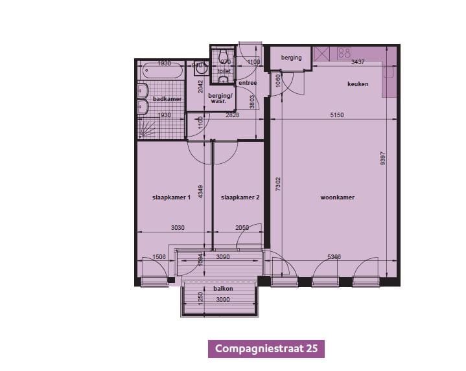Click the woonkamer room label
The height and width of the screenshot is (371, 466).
tap(338, 197)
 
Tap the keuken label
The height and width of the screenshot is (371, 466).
tap(358, 84)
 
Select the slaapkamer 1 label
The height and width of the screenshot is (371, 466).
tap(171, 197)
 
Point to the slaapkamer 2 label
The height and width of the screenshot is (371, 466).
tap(240, 197)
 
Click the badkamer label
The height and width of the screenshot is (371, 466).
tap(167, 99)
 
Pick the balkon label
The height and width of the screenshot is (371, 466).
tap(223, 289)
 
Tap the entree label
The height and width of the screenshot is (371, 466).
tap(248, 83)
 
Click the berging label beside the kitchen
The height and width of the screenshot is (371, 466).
tap(292, 58)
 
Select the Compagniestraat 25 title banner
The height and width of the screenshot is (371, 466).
tap(266, 348)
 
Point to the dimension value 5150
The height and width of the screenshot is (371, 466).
tap(336, 115)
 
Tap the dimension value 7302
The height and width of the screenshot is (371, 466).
tap(278, 184)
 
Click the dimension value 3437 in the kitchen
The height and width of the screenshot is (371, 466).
tap(359, 63)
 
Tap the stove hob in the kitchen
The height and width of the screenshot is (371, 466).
tap(344, 53)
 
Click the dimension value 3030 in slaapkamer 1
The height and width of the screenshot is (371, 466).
tap(179, 228)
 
